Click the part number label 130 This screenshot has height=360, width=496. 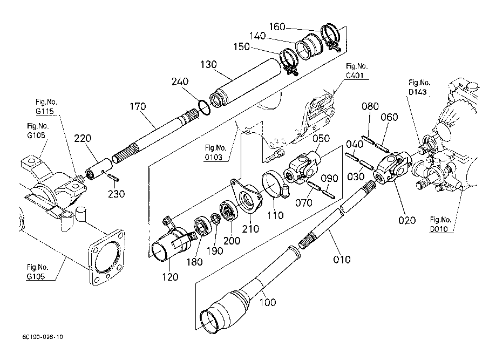pos(208,65)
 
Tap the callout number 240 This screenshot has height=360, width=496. pos(180,81)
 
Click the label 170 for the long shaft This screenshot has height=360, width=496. pos(138,106)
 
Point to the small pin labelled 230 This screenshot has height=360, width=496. pos(113,178)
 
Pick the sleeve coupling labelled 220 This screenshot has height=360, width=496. pos(99,168)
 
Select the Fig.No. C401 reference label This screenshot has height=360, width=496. pos(357,71)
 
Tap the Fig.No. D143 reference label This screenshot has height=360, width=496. pos(419,87)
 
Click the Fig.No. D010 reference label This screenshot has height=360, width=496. pos(440,225)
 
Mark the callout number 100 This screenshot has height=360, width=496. pos(268,302)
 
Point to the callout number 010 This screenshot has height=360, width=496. pos(342,260)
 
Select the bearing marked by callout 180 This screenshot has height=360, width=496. pos(200,225)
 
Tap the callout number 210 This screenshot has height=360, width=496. pos(250,229)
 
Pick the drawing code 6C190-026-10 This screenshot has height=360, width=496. pos(43,337)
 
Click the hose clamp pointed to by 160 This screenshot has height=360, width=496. pos(331,36)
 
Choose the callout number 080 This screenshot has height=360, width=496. pos(370,106)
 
